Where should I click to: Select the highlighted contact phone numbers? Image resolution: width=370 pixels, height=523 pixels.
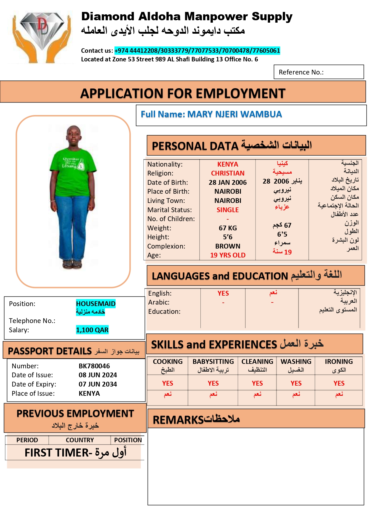[197, 51]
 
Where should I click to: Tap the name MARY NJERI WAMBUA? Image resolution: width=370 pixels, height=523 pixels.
[234, 114]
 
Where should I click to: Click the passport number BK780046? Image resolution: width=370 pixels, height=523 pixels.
[94, 366]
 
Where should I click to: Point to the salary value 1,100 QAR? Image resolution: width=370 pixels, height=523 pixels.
[92, 330]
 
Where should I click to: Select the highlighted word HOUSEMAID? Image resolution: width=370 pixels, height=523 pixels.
[96, 304]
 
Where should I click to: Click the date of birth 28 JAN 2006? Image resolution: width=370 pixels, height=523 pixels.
[227, 182]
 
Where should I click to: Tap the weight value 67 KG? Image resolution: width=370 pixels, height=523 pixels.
[227, 228]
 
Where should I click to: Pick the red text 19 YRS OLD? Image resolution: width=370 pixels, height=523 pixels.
[227, 255]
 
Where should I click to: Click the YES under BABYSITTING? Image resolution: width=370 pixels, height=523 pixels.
[213, 383]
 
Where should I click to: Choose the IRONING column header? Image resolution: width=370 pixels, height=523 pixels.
[339, 361]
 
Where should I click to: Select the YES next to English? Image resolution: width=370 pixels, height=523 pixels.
[223, 293]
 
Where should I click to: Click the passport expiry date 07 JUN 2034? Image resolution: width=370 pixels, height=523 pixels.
[98, 384]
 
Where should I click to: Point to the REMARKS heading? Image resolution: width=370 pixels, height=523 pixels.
[178, 420]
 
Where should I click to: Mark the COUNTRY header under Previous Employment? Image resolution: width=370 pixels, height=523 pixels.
[80, 440]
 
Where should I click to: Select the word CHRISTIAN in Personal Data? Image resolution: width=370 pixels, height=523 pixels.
[227, 173]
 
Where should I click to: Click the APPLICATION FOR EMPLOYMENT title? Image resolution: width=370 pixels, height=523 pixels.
[183, 93]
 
